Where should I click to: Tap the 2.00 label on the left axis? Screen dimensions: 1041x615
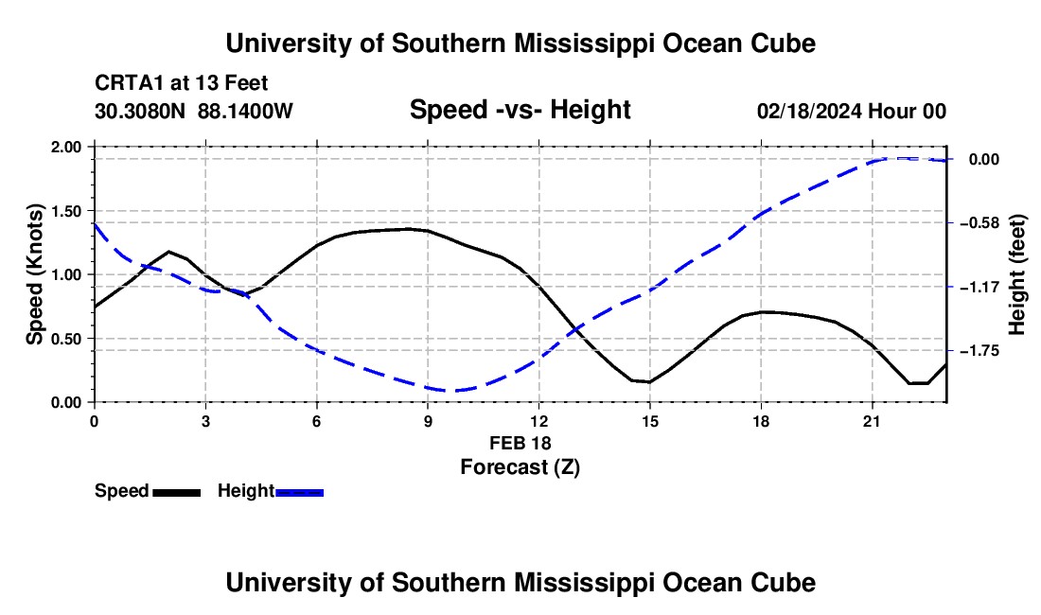pos(65,147)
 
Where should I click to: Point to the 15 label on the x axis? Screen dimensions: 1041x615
pos(650,421)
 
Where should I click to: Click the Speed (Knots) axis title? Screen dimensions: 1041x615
pos(34,274)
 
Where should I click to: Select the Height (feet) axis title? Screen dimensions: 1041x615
pos(1017,274)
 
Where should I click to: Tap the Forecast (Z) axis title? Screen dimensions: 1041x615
pos(520,467)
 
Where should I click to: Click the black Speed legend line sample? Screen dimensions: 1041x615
pos(177,492)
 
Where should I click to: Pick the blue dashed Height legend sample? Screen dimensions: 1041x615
pos(299,492)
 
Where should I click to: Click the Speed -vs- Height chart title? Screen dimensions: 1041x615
pos(520,110)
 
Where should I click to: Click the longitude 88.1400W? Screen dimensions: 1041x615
pos(245,111)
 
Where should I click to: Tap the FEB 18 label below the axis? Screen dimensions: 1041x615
pos(520,443)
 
